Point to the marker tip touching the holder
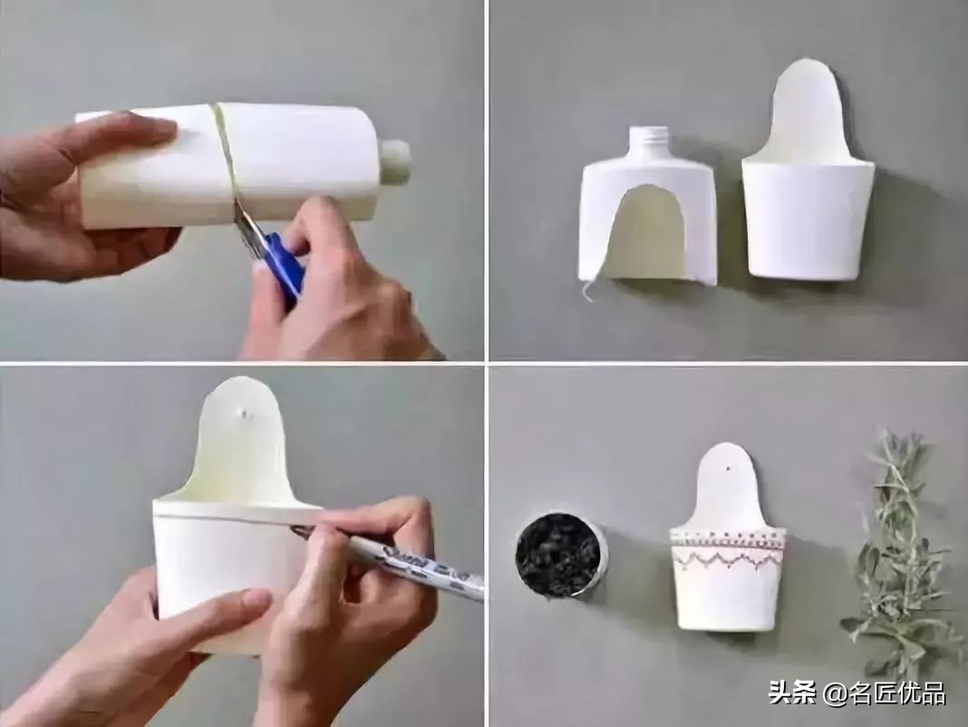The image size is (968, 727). click(x=297, y=529)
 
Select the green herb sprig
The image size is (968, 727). click(x=897, y=544)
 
